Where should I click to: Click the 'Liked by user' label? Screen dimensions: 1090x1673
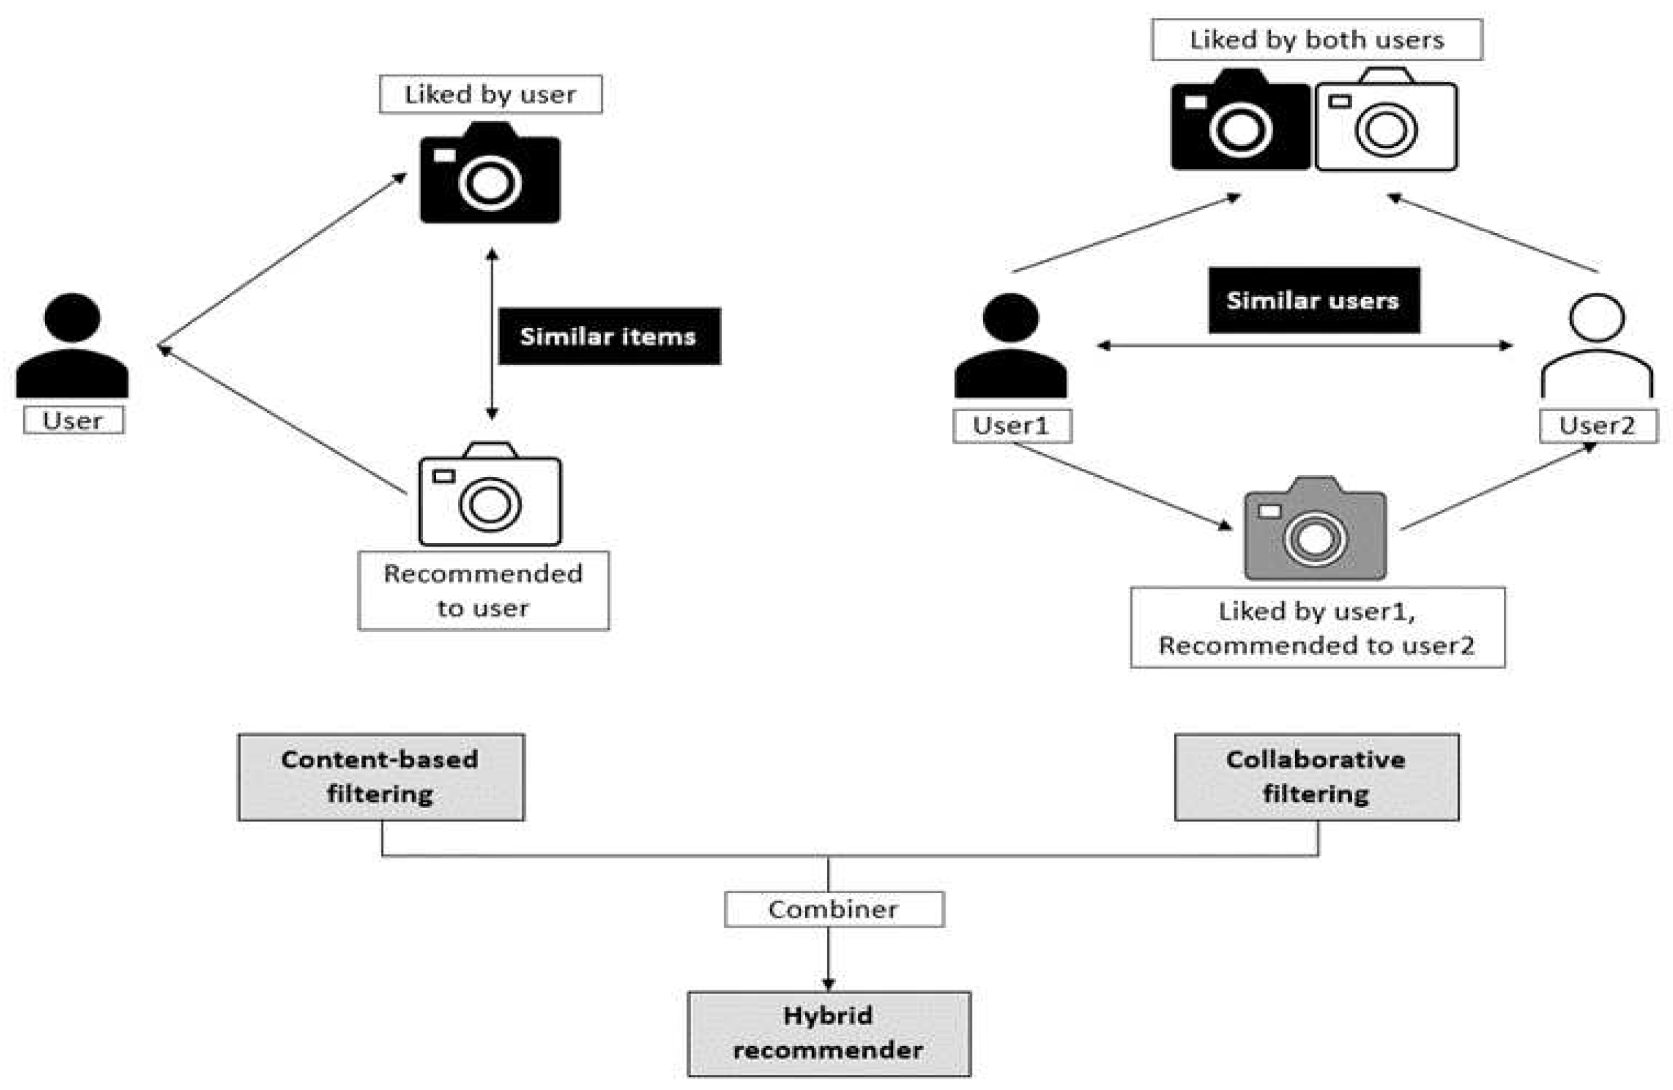coord(490,94)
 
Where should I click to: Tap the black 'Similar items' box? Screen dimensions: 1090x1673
coord(609,336)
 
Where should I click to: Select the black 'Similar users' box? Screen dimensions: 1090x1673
coord(1313,300)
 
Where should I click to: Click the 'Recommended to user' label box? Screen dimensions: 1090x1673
coord(483,590)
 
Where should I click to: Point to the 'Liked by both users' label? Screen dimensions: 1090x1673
coord(1316,40)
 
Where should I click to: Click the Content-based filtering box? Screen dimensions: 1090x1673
coord(381,777)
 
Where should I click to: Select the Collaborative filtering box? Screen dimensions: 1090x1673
coord(1316,777)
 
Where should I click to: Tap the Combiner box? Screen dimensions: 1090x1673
coord(834,909)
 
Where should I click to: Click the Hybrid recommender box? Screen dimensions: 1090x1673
coord(829,1033)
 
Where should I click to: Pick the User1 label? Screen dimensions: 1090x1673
coord(1011,426)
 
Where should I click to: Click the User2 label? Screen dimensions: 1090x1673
coord(1597,426)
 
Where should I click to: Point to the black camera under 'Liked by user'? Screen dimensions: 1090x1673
coord(490,174)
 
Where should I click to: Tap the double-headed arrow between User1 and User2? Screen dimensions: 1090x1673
coord(1305,345)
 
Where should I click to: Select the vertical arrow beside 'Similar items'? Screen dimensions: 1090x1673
coord(492,334)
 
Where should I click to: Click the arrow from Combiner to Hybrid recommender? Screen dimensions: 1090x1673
coord(829,959)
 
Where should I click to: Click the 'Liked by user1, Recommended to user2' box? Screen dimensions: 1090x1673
coord(1316,628)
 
